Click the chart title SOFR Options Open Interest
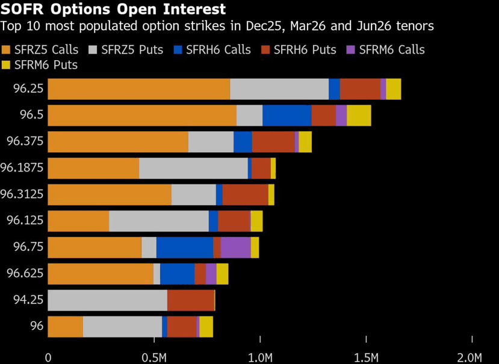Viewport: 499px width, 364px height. pos(114,10)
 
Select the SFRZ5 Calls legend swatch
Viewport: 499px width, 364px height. pos(7,50)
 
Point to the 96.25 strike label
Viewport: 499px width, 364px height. pos(28,89)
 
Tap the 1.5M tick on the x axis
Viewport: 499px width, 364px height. pos(367,357)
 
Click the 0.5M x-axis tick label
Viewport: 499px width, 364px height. pos(154,357)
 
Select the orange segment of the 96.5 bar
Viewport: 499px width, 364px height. pos(142,116)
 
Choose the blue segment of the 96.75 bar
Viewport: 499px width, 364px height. pos(185,247)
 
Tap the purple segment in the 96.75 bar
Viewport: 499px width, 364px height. pos(236,247)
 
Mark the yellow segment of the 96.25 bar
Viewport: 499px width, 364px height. pos(394,89)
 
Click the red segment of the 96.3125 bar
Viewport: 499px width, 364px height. pos(245,195)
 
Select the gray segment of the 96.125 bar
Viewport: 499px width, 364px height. pos(159,221)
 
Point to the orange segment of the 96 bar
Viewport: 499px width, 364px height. pos(65,327)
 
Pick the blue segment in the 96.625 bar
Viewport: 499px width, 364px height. pos(177,274)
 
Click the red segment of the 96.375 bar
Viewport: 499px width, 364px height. pos(273,142)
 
